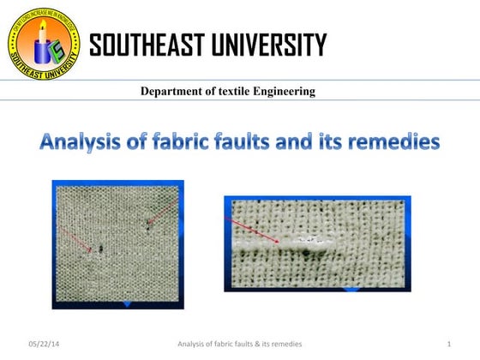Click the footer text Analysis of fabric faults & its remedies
pyautogui.click(x=239, y=345)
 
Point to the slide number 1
pyautogui.click(x=448, y=345)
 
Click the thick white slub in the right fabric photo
pyautogui.click(x=309, y=243)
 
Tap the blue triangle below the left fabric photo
pyautogui.click(x=127, y=303)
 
